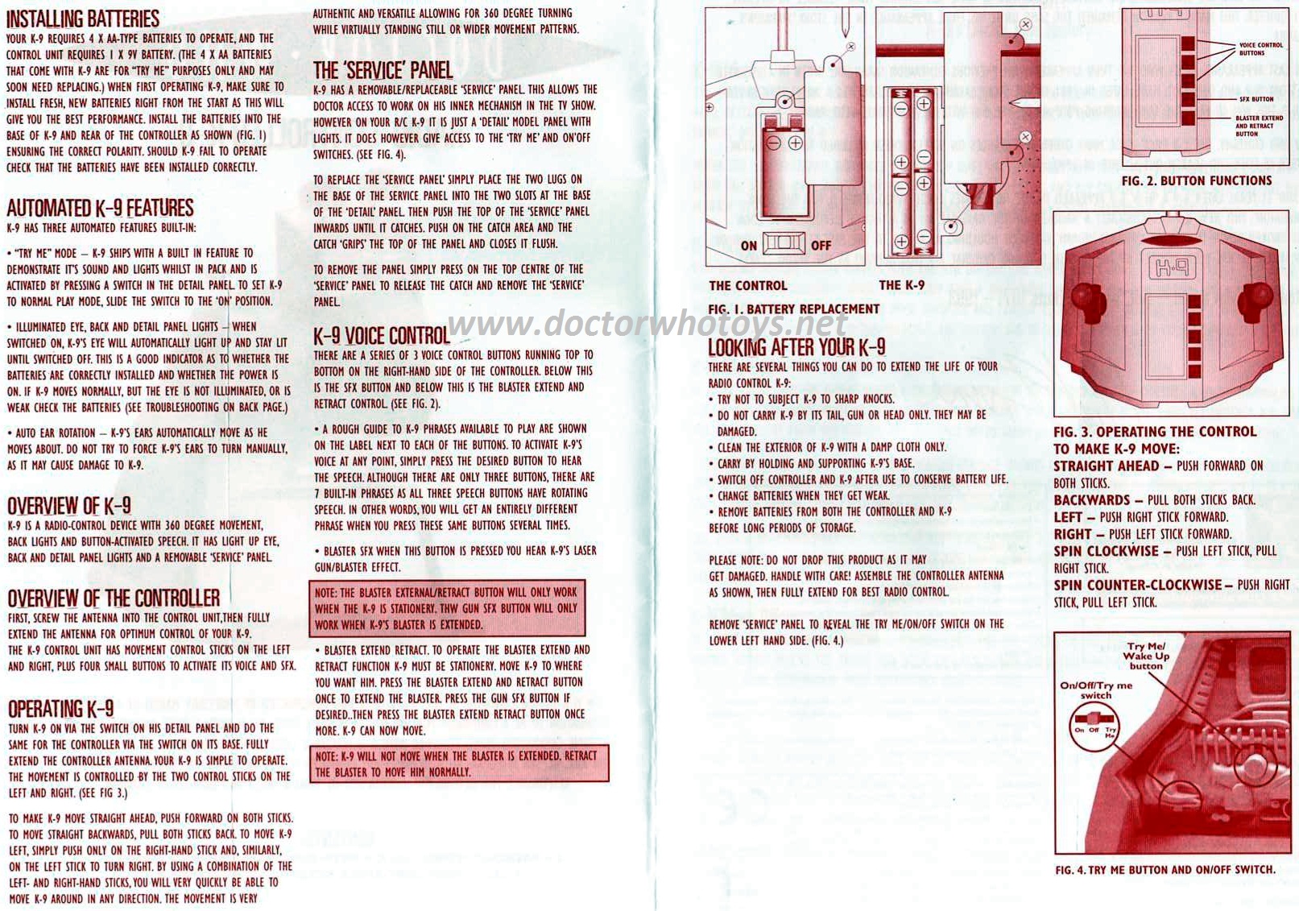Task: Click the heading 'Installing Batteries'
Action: point(83,19)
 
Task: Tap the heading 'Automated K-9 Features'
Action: point(101,208)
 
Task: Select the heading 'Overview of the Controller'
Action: point(114,598)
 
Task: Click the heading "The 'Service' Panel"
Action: point(383,71)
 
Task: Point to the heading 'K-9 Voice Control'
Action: point(382,336)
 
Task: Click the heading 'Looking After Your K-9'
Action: point(796,347)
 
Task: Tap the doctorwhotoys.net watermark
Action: point(647,324)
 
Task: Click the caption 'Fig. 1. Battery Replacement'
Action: point(794,309)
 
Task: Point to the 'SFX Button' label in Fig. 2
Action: point(1256,99)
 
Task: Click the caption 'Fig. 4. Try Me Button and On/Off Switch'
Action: point(1165,870)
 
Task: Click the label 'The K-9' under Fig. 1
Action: point(902,284)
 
